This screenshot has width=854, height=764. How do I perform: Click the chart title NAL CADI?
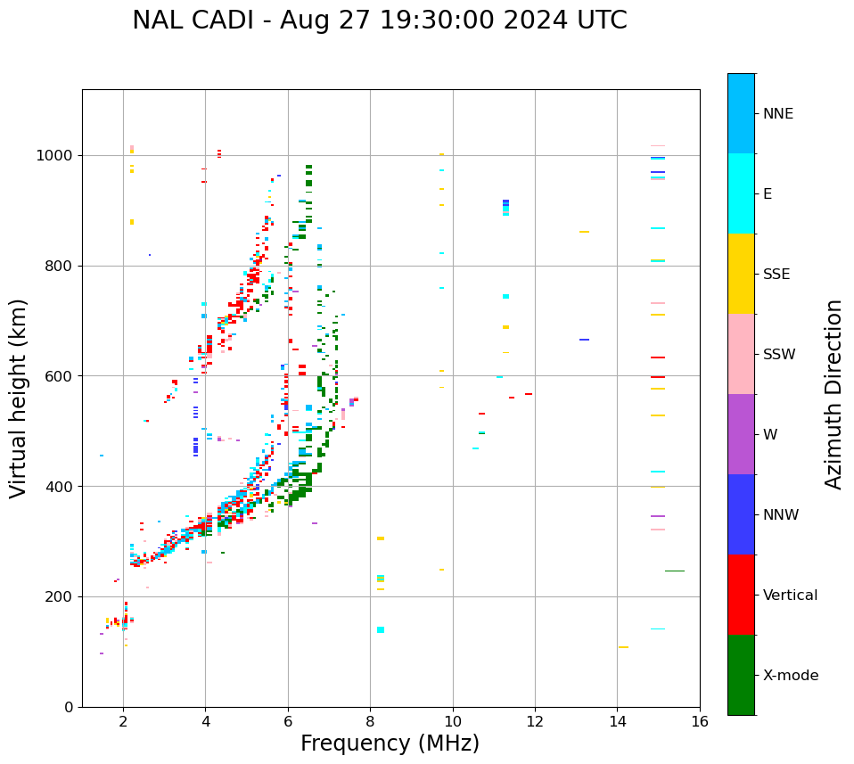[379, 21]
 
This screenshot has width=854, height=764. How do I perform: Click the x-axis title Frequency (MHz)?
[390, 743]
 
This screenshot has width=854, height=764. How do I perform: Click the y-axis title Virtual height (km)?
[20, 398]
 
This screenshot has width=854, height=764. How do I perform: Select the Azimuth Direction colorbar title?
[833, 393]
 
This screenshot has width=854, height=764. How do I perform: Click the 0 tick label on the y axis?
[69, 707]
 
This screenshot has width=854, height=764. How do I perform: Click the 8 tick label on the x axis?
[370, 721]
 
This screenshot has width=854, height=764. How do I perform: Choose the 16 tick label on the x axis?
[699, 721]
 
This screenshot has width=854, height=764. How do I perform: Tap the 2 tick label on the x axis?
[123, 721]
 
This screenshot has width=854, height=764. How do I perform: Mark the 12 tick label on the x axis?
[535, 721]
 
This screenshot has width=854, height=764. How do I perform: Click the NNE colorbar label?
[777, 114]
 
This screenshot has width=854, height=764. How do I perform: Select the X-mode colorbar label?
[790, 676]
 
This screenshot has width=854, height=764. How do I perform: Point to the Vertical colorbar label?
[790, 596]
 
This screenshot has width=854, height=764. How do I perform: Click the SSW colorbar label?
[779, 355]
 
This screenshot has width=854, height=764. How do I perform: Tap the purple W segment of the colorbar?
[741, 434]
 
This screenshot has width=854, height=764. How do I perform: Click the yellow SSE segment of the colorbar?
[741, 274]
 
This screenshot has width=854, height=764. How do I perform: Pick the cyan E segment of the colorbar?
[741, 193]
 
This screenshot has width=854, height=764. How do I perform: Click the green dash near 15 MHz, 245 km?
[675, 571]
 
